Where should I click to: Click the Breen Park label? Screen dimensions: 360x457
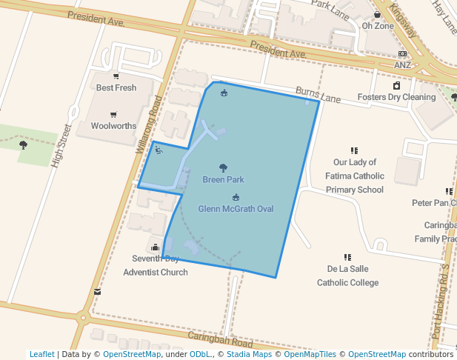point(223,180)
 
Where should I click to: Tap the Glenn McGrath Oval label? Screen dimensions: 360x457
point(236,209)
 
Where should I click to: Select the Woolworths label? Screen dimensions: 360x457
point(113,126)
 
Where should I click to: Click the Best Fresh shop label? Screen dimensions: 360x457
point(116,87)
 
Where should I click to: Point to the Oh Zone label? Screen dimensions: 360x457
point(378,26)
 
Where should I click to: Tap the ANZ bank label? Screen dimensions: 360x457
point(402,65)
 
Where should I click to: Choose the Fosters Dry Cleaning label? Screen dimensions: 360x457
point(396,97)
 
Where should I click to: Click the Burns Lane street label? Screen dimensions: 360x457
point(318,96)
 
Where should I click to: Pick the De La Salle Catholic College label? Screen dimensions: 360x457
point(347,275)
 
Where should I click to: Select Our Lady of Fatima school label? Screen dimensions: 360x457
point(355,176)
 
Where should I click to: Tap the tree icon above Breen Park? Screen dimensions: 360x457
point(224,168)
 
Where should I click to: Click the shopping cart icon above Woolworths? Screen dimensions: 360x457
point(113,114)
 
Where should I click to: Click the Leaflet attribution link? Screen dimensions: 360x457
point(41,354)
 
